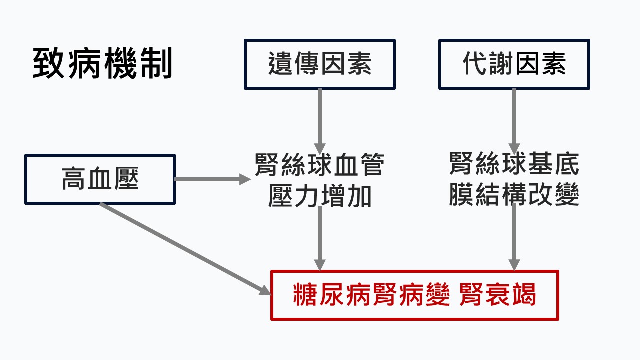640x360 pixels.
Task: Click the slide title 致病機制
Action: (x=102, y=64)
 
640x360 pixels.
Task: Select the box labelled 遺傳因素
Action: (x=320, y=64)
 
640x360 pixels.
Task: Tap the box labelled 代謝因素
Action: (x=514, y=64)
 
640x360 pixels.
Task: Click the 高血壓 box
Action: (x=100, y=179)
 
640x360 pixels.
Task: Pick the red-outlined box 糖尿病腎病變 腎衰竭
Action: (x=414, y=295)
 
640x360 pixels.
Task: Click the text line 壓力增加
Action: (x=320, y=196)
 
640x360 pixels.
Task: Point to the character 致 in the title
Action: (x=49, y=64)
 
